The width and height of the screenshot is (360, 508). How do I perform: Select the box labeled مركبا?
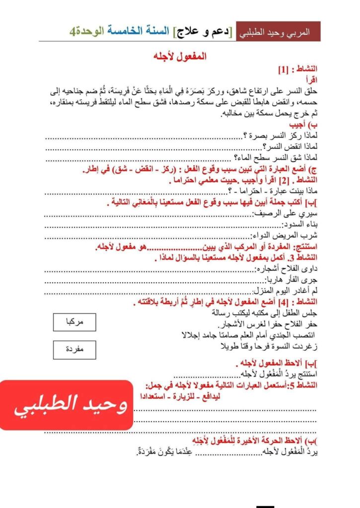click(x=74, y=322)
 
